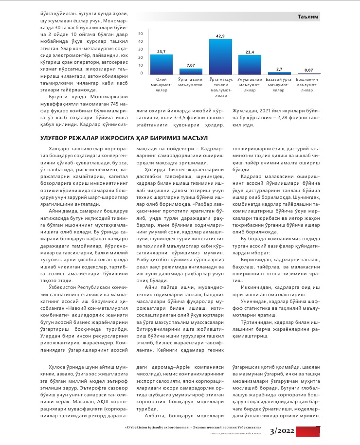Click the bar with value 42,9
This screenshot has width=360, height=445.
coord(220,56)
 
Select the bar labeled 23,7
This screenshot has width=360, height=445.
coord(162,64)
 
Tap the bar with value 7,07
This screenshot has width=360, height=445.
coord(191,71)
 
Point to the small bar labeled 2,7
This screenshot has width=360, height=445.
coord(279,72)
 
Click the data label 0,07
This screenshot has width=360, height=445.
coord(308,70)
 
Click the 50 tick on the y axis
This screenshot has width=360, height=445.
coord(141,34)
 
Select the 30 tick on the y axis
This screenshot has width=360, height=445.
coord(141,50)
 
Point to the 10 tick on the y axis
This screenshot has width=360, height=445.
coord(141,65)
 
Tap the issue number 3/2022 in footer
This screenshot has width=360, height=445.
coord(282,430)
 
